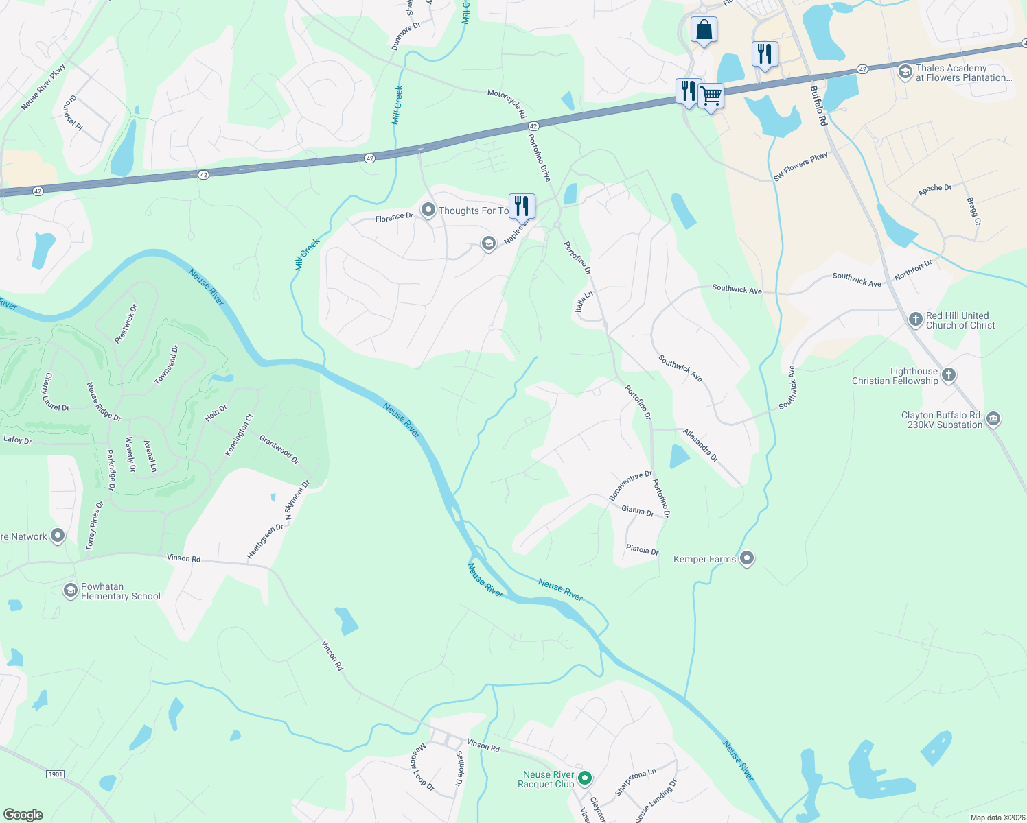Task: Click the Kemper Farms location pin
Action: (x=747, y=558)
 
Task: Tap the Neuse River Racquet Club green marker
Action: (x=585, y=778)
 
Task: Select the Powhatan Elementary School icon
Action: (x=70, y=591)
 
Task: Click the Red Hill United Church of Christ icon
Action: (x=915, y=319)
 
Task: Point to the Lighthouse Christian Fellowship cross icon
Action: (x=949, y=374)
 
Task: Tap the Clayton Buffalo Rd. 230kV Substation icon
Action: (x=993, y=418)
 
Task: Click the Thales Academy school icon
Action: (x=905, y=71)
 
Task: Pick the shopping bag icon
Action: (x=704, y=29)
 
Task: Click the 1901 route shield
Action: (x=56, y=774)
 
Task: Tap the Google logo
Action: (x=23, y=814)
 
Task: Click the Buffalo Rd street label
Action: (x=818, y=106)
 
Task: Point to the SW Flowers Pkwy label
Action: (x=800, y=167)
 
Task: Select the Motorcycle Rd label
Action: (x=507, y=103)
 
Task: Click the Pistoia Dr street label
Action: (x=642, y=550)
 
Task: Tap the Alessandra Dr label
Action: (x=700, y=444)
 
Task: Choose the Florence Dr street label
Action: (x=394, y=217)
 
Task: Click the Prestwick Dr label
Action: (x=126, y=324)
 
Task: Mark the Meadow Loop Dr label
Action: (x=422, y=767)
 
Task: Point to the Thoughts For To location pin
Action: (x=428, y=210)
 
